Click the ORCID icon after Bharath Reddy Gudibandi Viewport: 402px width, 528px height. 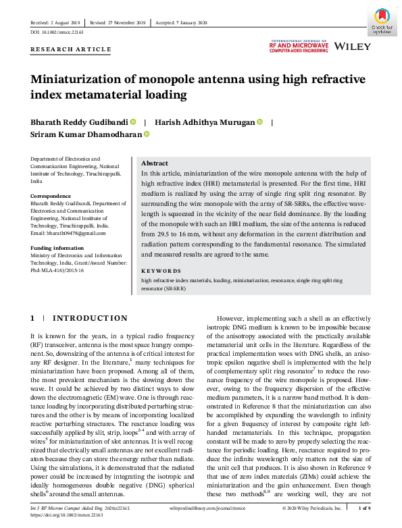coord(133,122)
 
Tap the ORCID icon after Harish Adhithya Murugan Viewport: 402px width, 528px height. coord(259,122)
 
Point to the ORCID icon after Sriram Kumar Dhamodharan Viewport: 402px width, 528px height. coord(146,134)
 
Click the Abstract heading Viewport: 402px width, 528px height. coord(155,163)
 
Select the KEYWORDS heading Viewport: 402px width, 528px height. coord(162,269)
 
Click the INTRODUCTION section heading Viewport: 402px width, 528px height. coord(90,317)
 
